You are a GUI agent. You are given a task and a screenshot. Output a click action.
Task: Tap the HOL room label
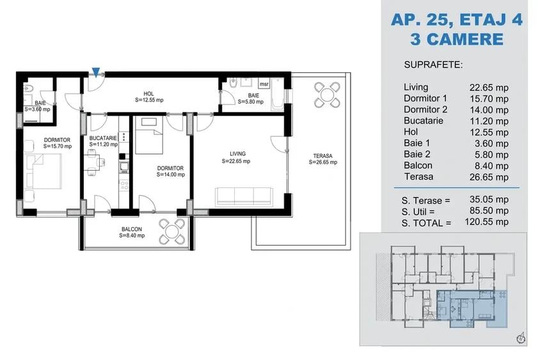point(149,93)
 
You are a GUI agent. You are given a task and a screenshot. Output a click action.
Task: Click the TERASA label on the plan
point(322,155)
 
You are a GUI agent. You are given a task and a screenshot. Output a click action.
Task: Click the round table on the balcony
point(171,231)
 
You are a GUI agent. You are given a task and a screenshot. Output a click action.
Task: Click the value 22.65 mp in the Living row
point(489,87)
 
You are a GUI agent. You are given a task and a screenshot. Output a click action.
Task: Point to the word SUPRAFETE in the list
point(433,65)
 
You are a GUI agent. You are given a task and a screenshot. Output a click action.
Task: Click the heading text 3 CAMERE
point(456,39)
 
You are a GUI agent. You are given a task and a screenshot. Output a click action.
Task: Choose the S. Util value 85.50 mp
point(489,211)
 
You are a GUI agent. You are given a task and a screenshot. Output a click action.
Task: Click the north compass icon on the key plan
point(521,336)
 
